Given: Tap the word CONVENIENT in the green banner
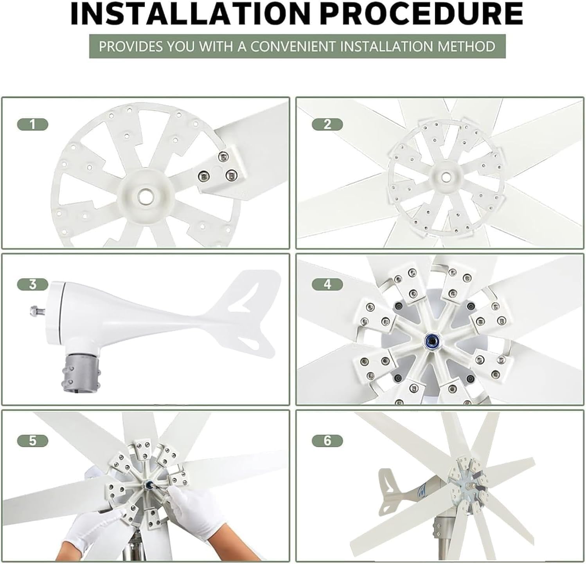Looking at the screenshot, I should pos(293,47).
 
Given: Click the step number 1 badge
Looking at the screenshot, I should pos(32,125).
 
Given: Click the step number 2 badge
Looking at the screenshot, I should pos(327,125).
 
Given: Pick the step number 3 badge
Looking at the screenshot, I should pos(32,284).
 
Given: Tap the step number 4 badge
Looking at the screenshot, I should pos(327,284).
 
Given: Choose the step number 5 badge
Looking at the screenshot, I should pos(32,441).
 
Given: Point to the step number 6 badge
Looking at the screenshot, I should pos(327,441).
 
